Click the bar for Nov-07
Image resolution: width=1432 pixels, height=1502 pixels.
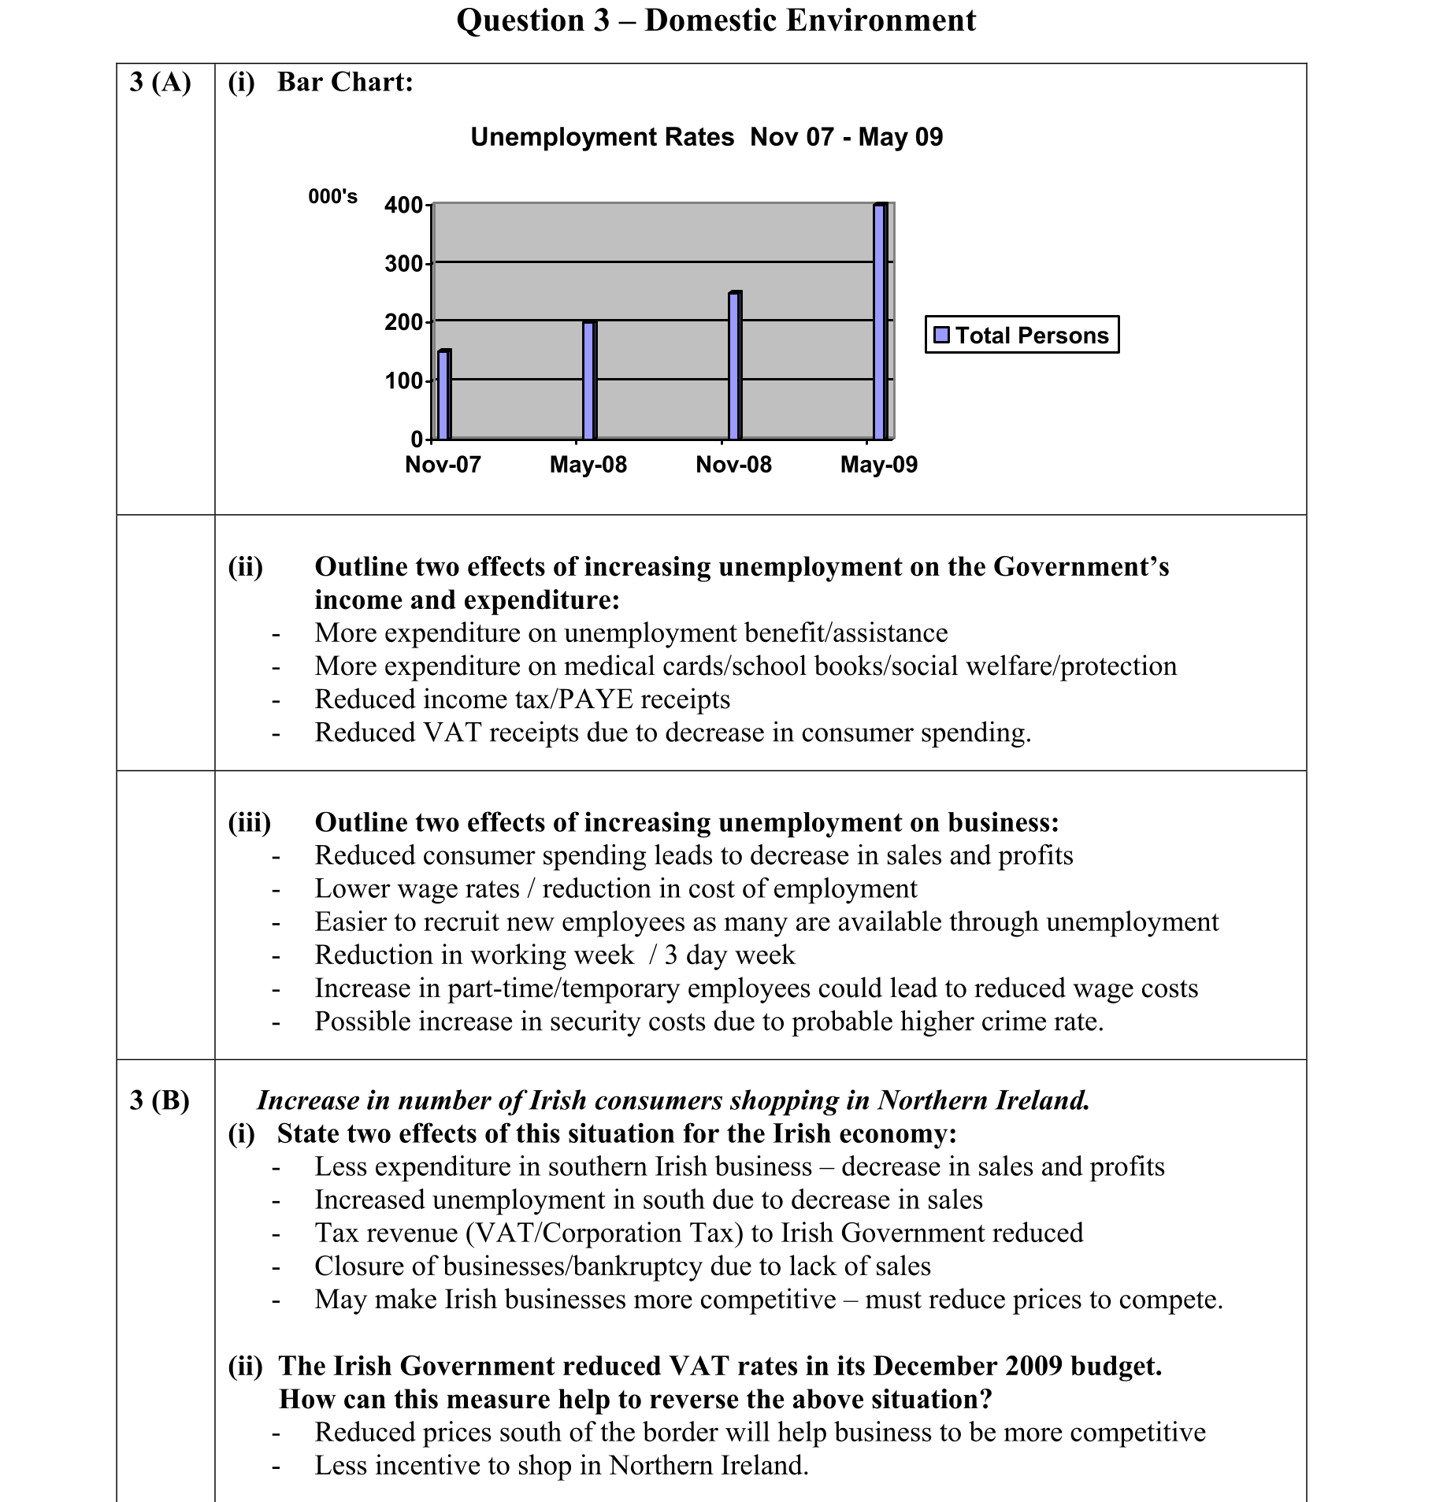443,395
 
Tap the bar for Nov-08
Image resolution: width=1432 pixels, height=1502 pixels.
734,365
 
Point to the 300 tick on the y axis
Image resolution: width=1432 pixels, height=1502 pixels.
403,263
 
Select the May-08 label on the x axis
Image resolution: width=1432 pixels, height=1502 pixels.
588,464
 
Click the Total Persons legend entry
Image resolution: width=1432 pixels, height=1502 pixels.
1022,335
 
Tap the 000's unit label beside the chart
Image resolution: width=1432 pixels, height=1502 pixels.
332,196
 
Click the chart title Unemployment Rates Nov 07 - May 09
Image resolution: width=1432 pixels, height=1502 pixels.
707,137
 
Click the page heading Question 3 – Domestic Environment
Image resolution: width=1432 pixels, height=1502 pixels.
716,20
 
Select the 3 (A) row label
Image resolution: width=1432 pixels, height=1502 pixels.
161,82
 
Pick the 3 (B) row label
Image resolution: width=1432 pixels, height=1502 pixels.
160,1100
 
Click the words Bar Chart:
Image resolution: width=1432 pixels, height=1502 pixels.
345,82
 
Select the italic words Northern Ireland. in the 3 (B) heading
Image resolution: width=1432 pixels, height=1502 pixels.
984,1100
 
